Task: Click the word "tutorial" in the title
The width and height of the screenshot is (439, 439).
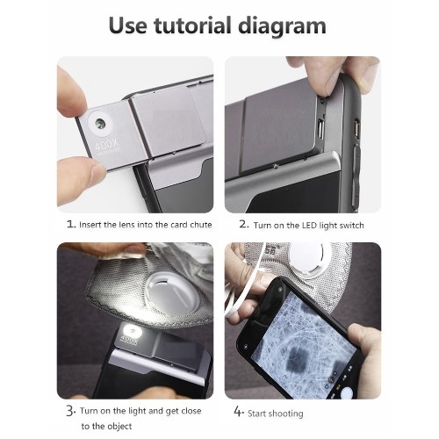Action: coord(192,25)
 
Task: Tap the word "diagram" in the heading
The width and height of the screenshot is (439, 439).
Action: coord(282,26)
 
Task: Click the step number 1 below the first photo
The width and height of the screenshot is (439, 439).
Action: coord(71,224)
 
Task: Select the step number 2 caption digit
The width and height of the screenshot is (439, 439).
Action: coord(244,224)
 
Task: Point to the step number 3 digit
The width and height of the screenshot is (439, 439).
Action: coord(70,411)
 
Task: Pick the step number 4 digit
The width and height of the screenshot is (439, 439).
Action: coord(239,411)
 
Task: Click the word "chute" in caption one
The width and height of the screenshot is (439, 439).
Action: coord(201,225)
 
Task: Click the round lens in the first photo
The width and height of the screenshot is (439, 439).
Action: coord(100,123)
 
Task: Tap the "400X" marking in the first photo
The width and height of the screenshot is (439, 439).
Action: coord(107,145)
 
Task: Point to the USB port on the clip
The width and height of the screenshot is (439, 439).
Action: coord(320,129)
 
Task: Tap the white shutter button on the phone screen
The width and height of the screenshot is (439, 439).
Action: coord(347,392)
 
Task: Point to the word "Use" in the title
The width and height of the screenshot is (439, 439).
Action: coord(127,25)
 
